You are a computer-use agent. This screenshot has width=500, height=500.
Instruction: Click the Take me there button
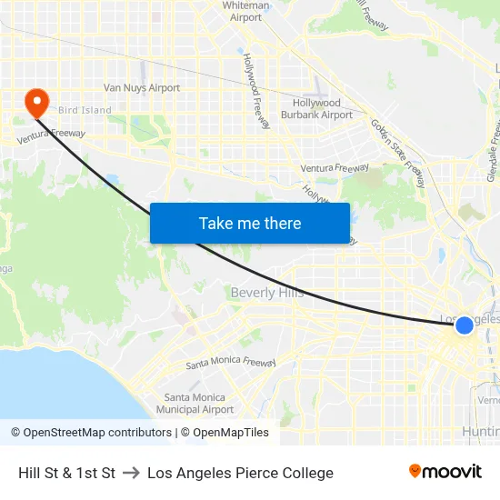point(250,223)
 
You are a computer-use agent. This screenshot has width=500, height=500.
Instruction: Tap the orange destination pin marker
point(37,102)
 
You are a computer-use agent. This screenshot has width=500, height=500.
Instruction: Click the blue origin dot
point(464,325)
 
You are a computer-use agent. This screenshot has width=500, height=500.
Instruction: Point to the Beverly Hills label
point(267,293)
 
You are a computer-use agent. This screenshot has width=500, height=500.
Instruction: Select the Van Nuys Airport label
point(141,88)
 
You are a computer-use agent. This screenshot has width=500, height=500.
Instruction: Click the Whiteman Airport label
point(246,11)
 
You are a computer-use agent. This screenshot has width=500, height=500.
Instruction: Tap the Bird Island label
point(85,111)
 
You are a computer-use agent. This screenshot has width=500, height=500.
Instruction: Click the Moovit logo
point(445,472)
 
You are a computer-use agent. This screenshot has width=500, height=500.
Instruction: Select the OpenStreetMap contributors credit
point(91,433)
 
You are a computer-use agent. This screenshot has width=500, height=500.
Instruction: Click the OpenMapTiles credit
point(225,433)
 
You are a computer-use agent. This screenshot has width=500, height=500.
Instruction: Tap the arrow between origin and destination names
point(131,473)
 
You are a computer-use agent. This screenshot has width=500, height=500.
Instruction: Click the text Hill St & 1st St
point(66,473)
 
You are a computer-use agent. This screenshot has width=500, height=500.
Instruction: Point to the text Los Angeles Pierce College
point(240,473)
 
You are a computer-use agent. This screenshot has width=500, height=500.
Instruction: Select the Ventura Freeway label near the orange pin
point(53,134)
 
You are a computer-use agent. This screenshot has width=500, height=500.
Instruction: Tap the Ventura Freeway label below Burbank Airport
point(335,168)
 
